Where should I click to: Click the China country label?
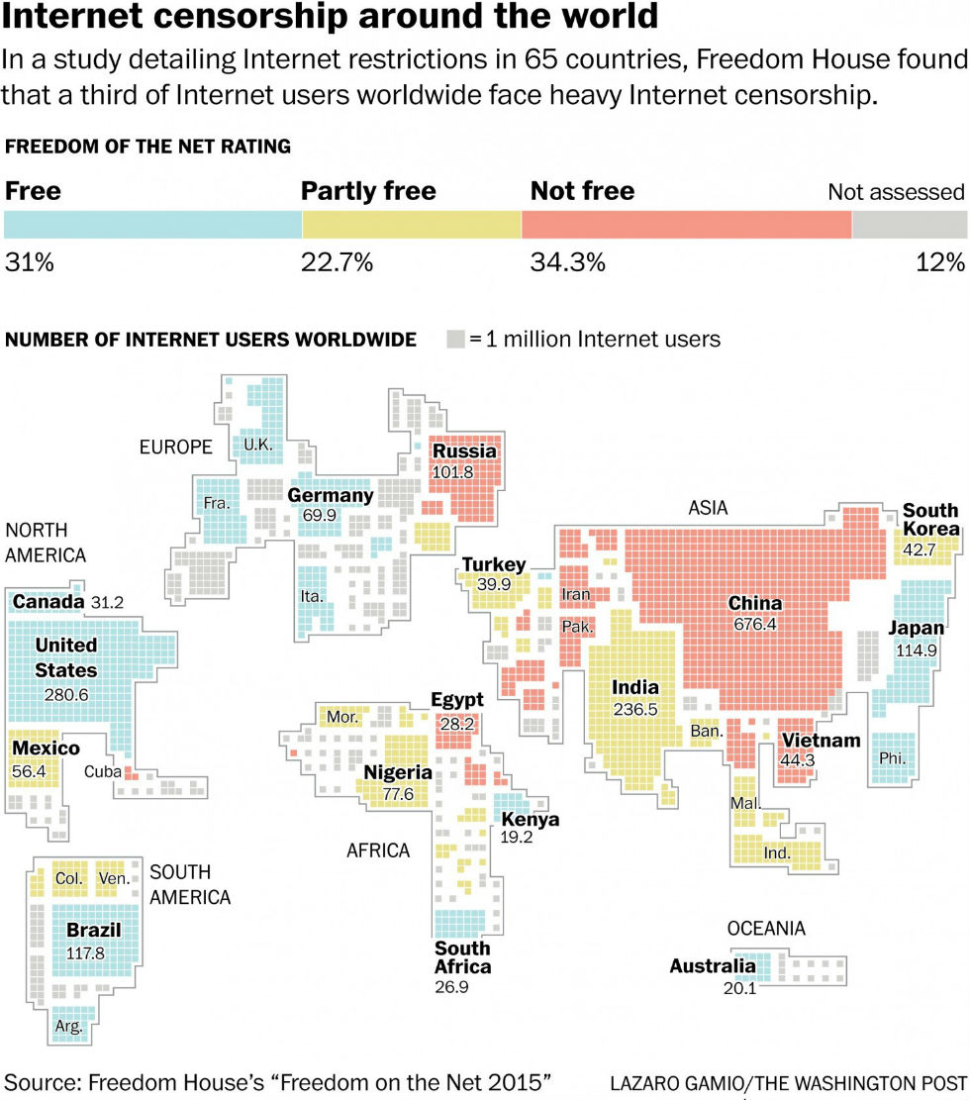coord(754,603)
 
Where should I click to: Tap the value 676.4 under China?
coord(754,625)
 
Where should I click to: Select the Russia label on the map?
coord(464,451)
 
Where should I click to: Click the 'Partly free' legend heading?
coord(368,191)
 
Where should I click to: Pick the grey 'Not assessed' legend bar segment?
coord(909,224)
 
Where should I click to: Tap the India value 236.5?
coord(634,709)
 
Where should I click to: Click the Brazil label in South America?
coord(93,931)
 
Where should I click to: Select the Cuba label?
coord(102,771)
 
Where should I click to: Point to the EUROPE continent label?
coord(175,448)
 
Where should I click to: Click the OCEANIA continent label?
coord(766,929)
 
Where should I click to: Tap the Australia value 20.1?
coord(738,987)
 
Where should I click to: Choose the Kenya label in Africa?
coord(530,820)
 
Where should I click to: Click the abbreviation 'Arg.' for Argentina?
coord(68,1027)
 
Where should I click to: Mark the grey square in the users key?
coord(455,340)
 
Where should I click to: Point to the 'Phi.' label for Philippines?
coord(892,759)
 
